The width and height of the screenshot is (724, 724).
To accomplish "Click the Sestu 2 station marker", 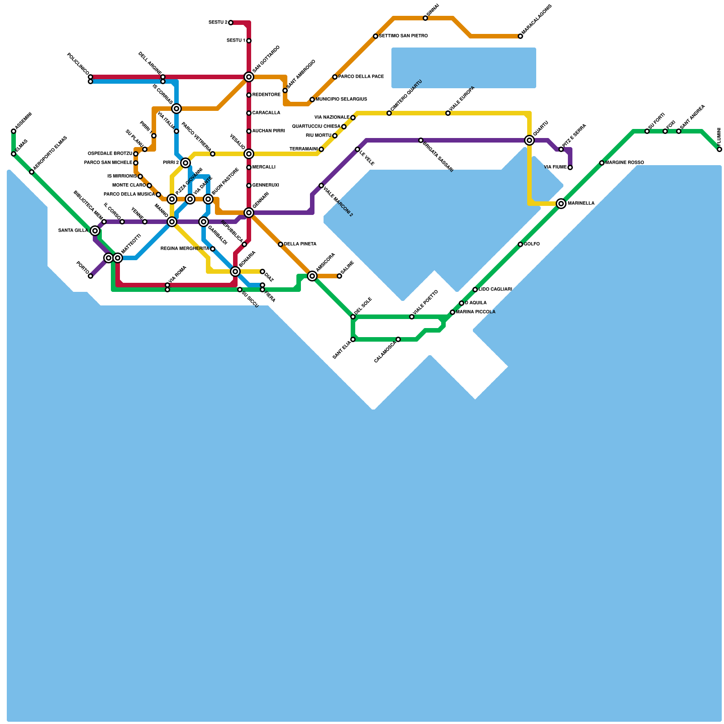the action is (x=231, y=23).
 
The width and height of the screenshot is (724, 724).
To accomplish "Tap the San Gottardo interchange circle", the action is (x=249, y=77).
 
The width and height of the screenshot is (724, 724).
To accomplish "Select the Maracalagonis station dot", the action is (x=520, y=36).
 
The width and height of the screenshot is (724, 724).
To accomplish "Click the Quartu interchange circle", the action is (x=529, y=140).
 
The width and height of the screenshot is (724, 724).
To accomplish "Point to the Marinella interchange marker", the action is (x=561, y=204).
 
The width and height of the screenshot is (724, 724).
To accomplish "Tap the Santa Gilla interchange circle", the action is (x=95, y=231).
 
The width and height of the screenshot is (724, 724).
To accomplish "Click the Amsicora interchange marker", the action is (x=312, y=276).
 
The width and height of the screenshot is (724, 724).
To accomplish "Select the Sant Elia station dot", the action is (x=353, y=339).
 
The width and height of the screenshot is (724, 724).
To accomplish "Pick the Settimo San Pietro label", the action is (x=403, y=36).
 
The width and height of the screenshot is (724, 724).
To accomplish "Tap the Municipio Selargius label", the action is (x=341, y=100).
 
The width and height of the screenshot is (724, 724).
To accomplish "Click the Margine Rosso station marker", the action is (x=602, y=163).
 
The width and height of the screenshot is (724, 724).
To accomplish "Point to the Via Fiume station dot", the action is (x=570, y=167).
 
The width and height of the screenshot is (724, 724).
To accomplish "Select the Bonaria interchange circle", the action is (x=235, y=271).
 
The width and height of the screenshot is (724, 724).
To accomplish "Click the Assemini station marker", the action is (x=14, y=131).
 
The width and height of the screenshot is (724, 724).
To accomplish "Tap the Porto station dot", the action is (x=90, y=276).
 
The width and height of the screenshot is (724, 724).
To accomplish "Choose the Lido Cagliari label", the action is (x=495, y=290).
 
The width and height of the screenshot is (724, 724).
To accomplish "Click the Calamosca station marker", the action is (x=398, y=339).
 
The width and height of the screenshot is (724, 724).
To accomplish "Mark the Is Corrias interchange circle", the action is (x=176, y=109).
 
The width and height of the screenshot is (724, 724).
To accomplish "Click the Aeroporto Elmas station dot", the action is (x=32, y=172).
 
